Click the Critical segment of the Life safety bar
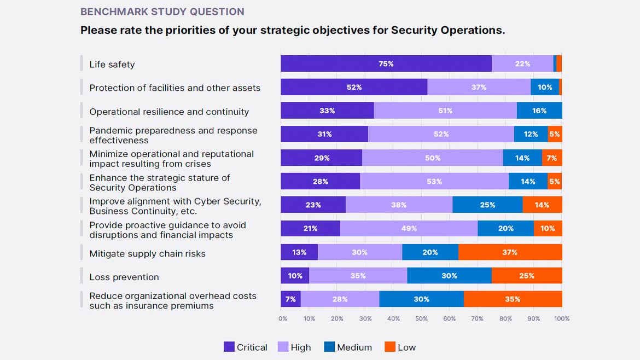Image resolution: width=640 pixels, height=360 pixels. (x=386, y=64)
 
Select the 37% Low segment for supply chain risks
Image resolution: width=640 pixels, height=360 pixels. (x=510, y=252)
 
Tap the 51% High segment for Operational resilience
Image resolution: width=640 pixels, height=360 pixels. (x=445, y=111)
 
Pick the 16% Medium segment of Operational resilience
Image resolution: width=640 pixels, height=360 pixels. (x=539, y=111)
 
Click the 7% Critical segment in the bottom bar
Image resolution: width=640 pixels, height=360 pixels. (x=290, y=299)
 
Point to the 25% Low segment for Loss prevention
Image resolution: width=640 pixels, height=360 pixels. (x=526, y=276)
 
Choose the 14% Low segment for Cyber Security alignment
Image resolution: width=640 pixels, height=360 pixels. (x=542, y=205)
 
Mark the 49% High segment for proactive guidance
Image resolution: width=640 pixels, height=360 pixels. (x=409, y=229)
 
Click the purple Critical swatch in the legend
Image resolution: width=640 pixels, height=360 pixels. (x=229, y=347)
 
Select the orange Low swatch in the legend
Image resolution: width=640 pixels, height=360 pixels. (x=390, y=347)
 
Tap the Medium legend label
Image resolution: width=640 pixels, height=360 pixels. (x=354, y=347)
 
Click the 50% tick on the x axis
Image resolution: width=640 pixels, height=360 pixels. (x=421, y=318)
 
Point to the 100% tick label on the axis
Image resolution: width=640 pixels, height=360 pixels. (x=562, y=318)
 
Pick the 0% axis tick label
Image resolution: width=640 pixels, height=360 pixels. (x=283, y=318)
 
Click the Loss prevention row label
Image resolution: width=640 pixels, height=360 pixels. (x=124, y=277)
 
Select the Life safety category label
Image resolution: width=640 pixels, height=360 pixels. (x=112, y=65)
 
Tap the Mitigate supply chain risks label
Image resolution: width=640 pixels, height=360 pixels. (x=147, y=254)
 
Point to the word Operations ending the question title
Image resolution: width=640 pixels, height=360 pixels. (x=476, y=30)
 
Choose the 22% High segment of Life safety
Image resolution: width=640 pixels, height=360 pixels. (x=522, y=64)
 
